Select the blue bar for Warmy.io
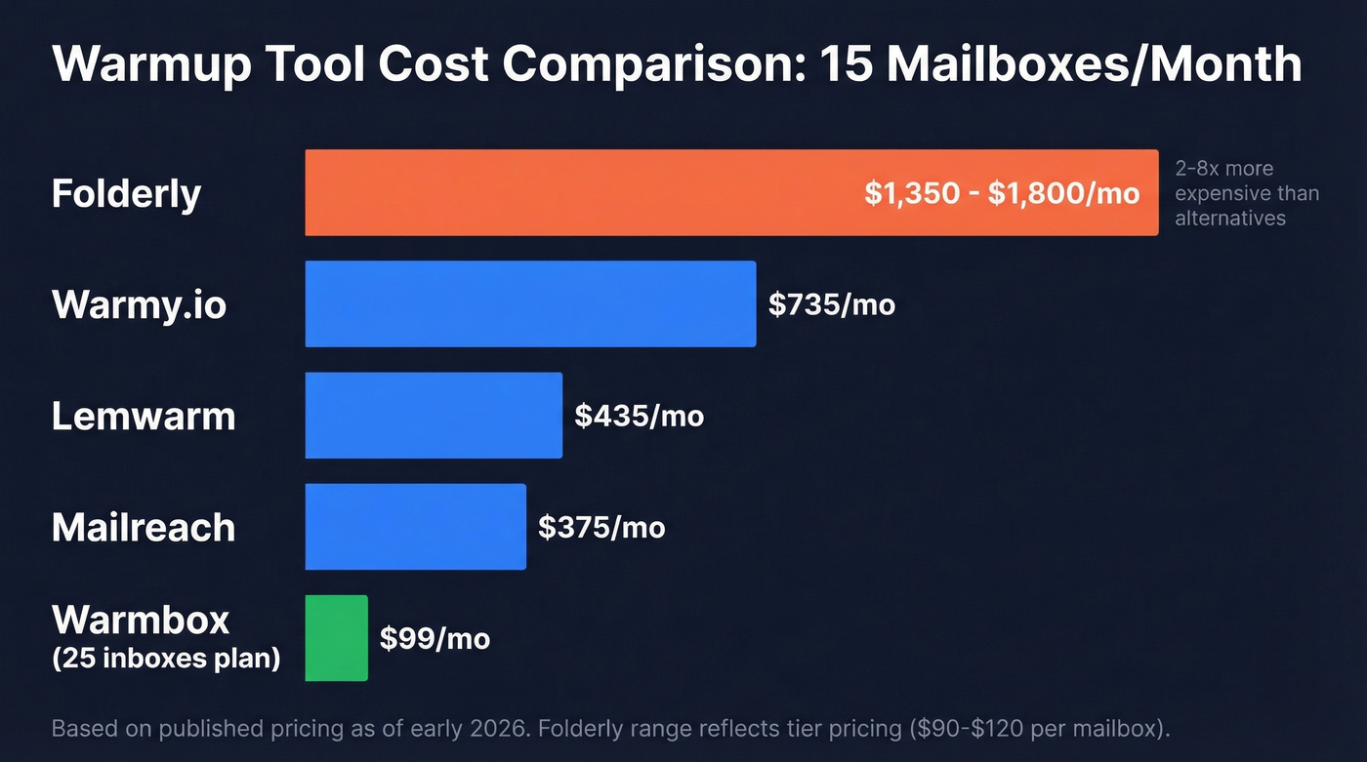pos(530,303)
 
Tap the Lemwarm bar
pos(434,416)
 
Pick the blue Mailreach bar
pos(415,527)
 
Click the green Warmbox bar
pos(336,638)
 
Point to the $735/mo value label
pos(831,304)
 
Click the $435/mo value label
pos(639,416)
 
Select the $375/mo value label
pos(601,528)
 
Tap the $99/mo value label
pos(435,639)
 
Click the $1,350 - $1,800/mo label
pos(1002,193)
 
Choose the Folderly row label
pos(126,193)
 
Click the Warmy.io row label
pos(139,304)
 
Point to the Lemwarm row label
pos(144,416)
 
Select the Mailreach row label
pos(144,527)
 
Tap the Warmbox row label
pos(141,620)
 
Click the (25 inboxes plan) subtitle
pos(166,659)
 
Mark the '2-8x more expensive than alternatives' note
pos(1246,193)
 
